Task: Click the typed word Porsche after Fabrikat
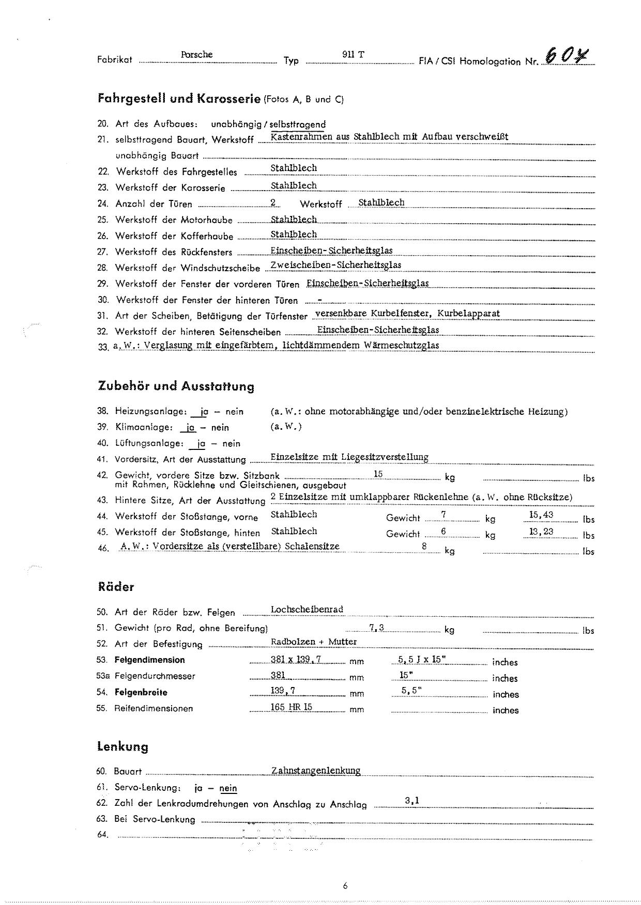[x=196, y=55]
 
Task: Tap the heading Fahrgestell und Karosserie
[x=178, y=99]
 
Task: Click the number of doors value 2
[x=272, y=203]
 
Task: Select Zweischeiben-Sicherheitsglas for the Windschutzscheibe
[x=336, y=266]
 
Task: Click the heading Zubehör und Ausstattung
[x=176, y=386]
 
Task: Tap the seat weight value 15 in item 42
[x=378, y=474]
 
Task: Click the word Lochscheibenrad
[x=307, y=610]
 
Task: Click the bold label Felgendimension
[x=149, y=660]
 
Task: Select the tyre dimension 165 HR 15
[x=292, y=707]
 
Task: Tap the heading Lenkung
[x=123, y=747]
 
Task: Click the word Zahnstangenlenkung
[x=316, y=771]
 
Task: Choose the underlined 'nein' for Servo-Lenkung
[x=228, y=788]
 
